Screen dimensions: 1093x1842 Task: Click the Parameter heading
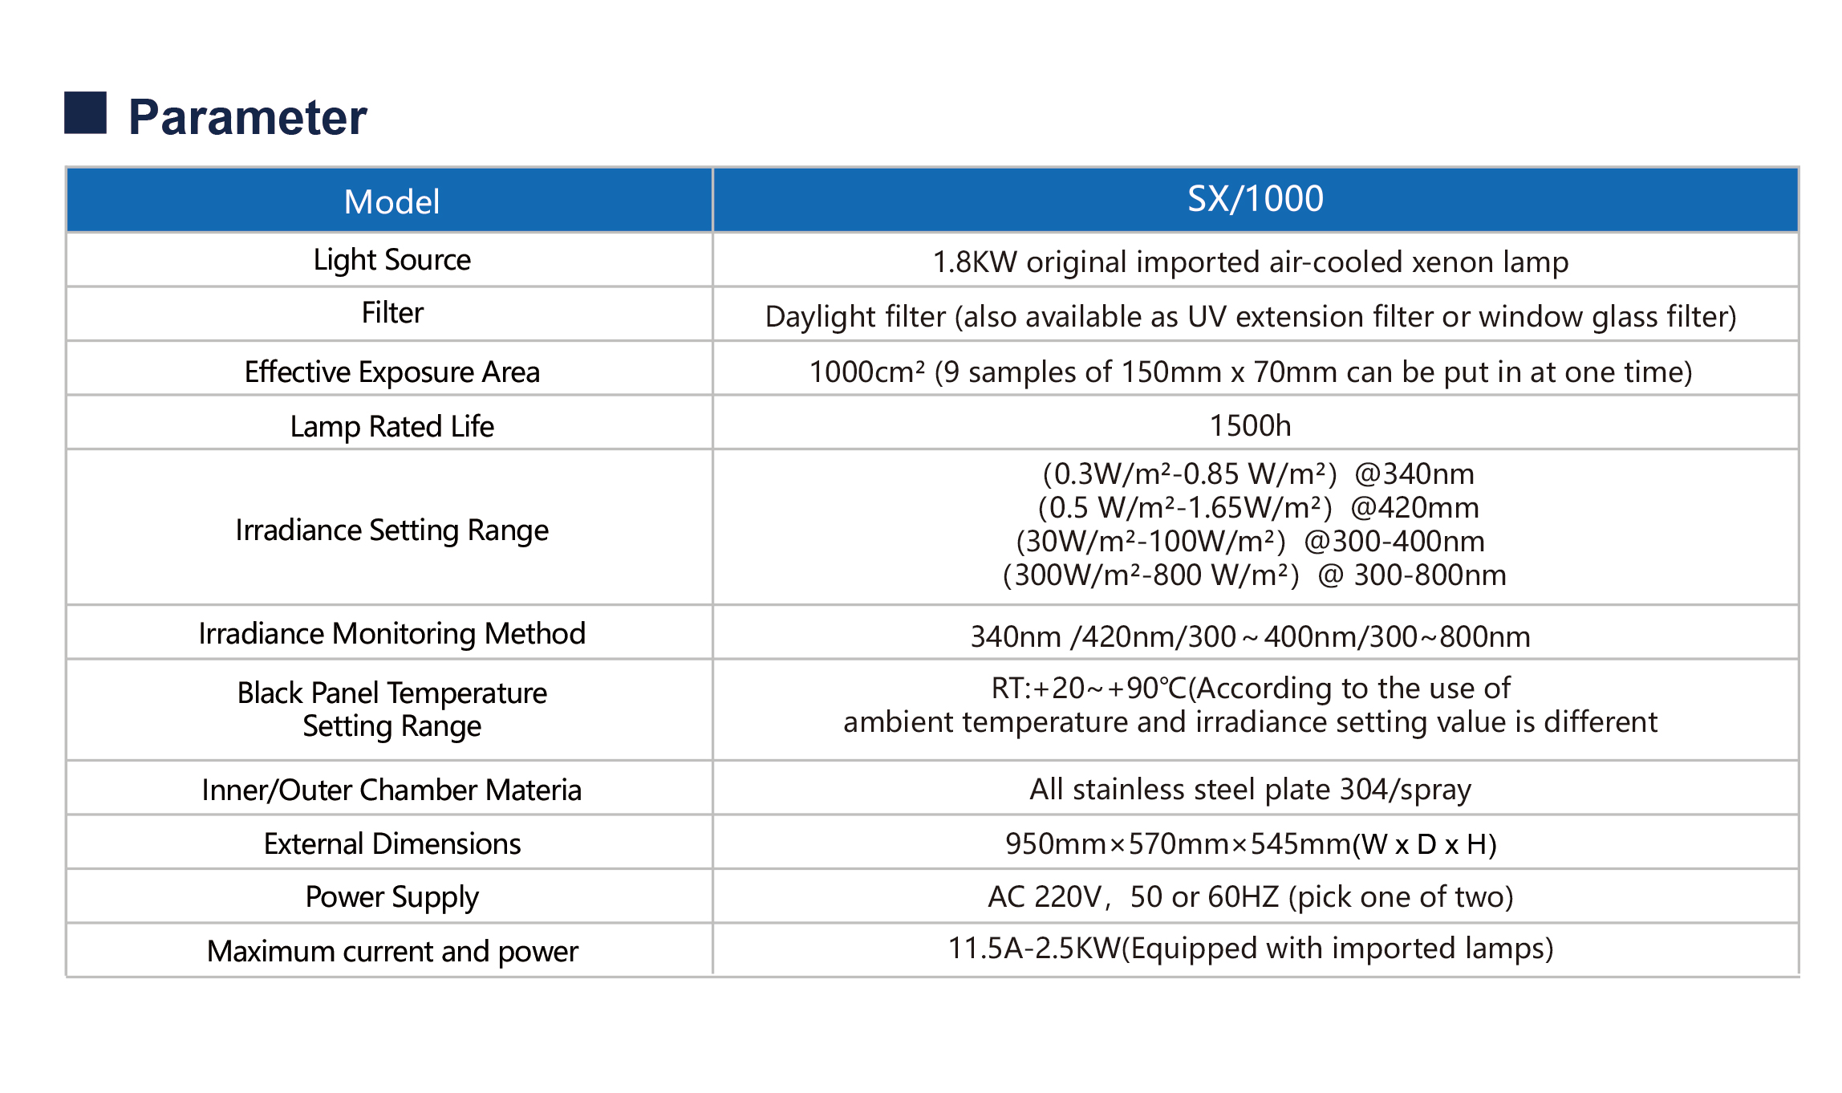pyautogui.click(x=247, y=117)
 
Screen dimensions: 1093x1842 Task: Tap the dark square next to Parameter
pyautogui.click(x=85, y=112)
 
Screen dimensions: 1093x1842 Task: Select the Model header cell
pyautogui.click(x=392, y=201)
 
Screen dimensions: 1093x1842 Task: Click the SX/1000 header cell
pyautogui.click(x=1255, y=199)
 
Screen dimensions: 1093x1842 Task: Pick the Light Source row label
pyautogui.click(x=392, y=260)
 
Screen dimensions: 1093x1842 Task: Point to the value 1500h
pyautogui.click(x=1250, y=425)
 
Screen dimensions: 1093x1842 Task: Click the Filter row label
pyautogui.click(x=392, y=313)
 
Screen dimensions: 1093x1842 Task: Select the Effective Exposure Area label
pyautogui.click(x=392, y=372)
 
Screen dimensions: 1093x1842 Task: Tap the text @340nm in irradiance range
pyautogui.click(x=1414, y=474)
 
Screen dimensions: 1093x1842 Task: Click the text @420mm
pyautogui.click(x=1414, y=508)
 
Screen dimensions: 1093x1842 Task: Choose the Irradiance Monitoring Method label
pyautogui.click(x=392, y=634)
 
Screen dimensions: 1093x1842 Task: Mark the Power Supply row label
pyautogui.click(x=392, y=897)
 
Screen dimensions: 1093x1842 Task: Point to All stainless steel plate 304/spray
pyautogui.click(x=1250, y=790)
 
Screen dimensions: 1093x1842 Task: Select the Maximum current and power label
pyautogui.click(x=392, y=952)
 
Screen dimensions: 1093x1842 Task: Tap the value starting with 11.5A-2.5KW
pyautogui.click(x=1250, y=949)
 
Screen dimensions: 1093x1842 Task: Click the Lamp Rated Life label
pyautogui.click(x=392, y=427)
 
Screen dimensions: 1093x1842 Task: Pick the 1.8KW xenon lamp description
pyautogui.click(x=1250, y=262)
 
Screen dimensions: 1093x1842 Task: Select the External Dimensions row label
pyautogui.click(x=392, y=844)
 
